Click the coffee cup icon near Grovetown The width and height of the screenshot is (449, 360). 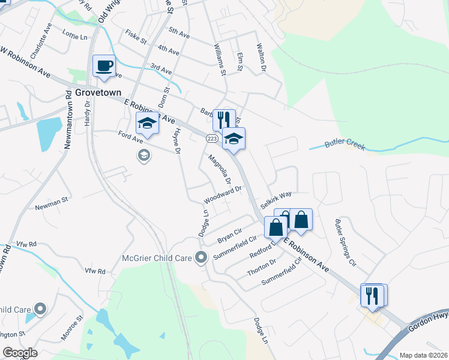[104, 65]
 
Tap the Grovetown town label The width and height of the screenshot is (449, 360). [98, 92]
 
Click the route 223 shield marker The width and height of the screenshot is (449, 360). [211, 139]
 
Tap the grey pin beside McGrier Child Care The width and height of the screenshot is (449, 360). [201, 257]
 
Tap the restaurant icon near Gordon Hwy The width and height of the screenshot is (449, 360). [372, 295]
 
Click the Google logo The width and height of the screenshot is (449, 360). [20, 353]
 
